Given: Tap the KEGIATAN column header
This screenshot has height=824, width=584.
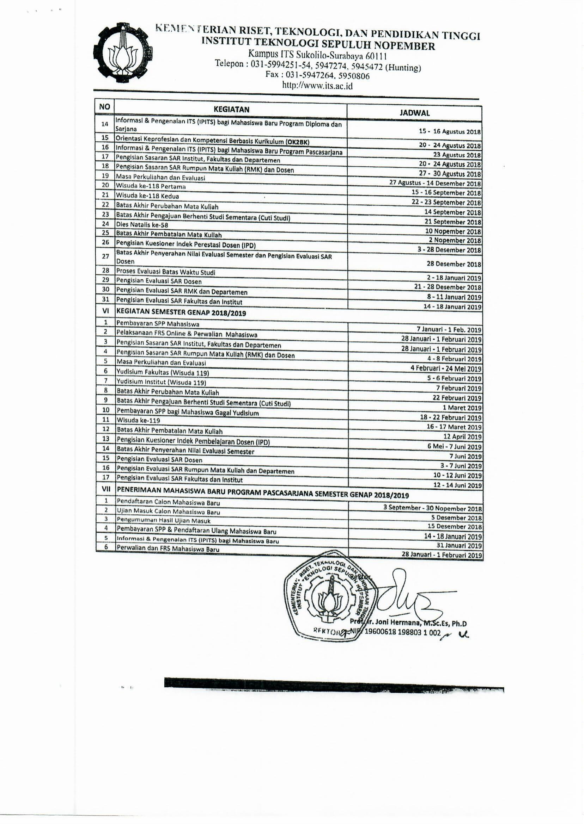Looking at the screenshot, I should (231, 109).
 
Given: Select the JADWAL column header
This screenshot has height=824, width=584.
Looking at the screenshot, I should (414, 113).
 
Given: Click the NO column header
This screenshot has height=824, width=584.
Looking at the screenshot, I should (104, 107).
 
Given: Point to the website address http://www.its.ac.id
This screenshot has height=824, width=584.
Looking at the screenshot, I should (317, 86).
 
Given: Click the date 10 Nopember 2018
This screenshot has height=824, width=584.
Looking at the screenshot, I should (453, 231).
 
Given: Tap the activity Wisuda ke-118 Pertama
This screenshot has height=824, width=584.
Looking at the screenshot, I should (151, 186).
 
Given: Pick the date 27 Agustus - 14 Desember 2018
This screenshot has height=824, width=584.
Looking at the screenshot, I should (435, 183).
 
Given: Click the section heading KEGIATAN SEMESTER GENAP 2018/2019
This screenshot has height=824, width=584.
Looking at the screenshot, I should (181, 312).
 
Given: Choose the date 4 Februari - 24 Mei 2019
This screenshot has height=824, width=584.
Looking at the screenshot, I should (446, 368).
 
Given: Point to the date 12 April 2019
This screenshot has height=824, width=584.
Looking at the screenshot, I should (462, 437).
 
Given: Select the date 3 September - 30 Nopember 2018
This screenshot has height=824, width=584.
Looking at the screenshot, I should (435, 508).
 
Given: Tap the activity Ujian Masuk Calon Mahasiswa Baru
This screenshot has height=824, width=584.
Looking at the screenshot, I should (168, 512).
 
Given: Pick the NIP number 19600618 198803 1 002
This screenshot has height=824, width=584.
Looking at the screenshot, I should (402, 633).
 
